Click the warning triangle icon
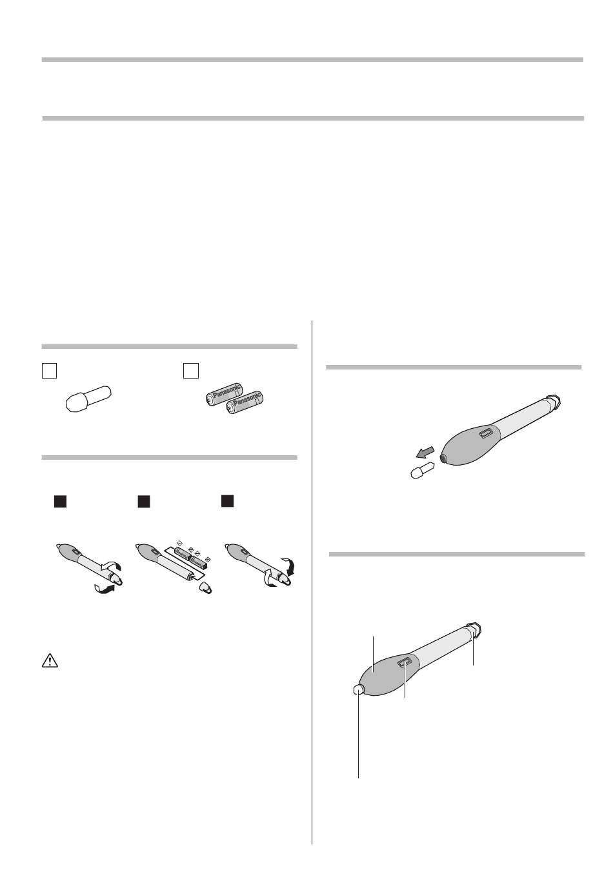(50, 660)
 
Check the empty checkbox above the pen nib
(49, 370)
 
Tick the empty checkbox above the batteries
(191, 370)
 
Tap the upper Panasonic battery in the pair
(225, 394)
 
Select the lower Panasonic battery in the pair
(245, 402)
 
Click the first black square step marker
(60, 502)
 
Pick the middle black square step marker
(144, 502)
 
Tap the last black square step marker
(228, 501)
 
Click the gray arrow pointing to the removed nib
(425, 452)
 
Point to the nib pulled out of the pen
(423, 470)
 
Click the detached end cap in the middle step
(206, 588)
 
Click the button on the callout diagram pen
(405, 662)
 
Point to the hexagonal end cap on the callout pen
(474, 630)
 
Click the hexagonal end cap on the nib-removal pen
(553, 403)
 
